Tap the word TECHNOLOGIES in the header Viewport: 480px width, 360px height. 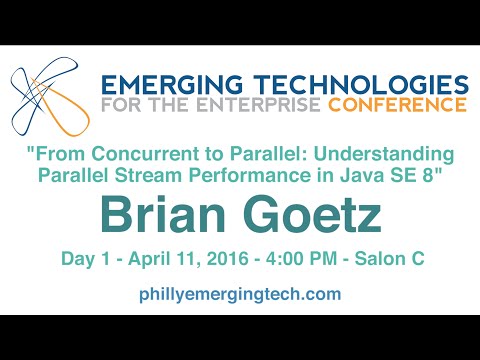(349, 82)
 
